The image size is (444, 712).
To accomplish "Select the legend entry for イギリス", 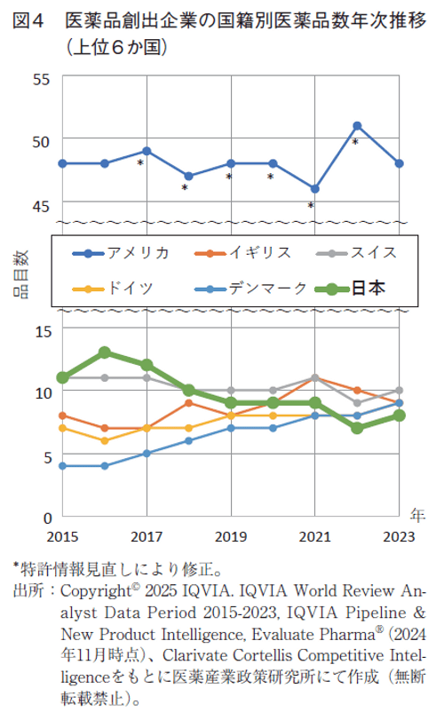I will pyautogui.click(x=259, y=252).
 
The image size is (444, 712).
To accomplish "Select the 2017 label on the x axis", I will pyautogui.click(x=147, y=536).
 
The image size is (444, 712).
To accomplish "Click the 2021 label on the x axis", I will pyautogui.click(x=314, y=536).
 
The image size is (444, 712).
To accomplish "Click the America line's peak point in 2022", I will pyautogui.click(x=357, y=126).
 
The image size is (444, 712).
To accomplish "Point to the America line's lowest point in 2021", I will pyautogui.click(x=314, y=188).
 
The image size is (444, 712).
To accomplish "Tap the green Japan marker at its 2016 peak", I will pyautogui.click(x=105, y=352).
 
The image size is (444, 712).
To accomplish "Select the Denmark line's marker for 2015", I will pyautogui.click(x=62, y=465).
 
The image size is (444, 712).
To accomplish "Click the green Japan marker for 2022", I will pyautogui.click(x=357, y=428).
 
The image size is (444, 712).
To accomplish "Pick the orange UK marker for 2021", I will pyautogui.click(x=314, y=377).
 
